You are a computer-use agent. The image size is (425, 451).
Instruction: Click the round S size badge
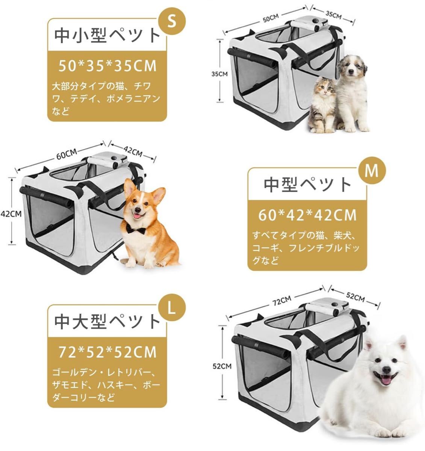[172, 21]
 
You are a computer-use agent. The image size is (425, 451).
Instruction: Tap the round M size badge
[372, 170]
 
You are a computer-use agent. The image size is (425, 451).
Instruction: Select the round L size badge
[172, 307]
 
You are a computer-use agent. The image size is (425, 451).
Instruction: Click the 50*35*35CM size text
[107, 66]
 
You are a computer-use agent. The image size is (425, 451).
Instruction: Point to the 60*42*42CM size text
[307, 215]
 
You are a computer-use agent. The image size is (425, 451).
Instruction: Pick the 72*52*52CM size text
[107, 352]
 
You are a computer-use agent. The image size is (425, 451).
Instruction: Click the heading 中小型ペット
[107, 36]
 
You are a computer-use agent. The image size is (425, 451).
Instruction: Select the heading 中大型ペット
[107, 322]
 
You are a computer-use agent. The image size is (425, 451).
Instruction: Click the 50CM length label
[271, 18]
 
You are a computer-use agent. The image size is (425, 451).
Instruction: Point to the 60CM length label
[67, 154]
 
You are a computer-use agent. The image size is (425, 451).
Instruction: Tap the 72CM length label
[282, 301]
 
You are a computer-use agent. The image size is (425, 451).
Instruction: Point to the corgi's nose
[138, 210]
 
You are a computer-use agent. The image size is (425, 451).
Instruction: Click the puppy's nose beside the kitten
[351, 72]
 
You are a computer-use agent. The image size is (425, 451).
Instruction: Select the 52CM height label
[222, 366]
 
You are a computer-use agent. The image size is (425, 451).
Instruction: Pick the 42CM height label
[11, 214]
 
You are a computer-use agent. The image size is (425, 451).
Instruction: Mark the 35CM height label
[219, 74]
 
